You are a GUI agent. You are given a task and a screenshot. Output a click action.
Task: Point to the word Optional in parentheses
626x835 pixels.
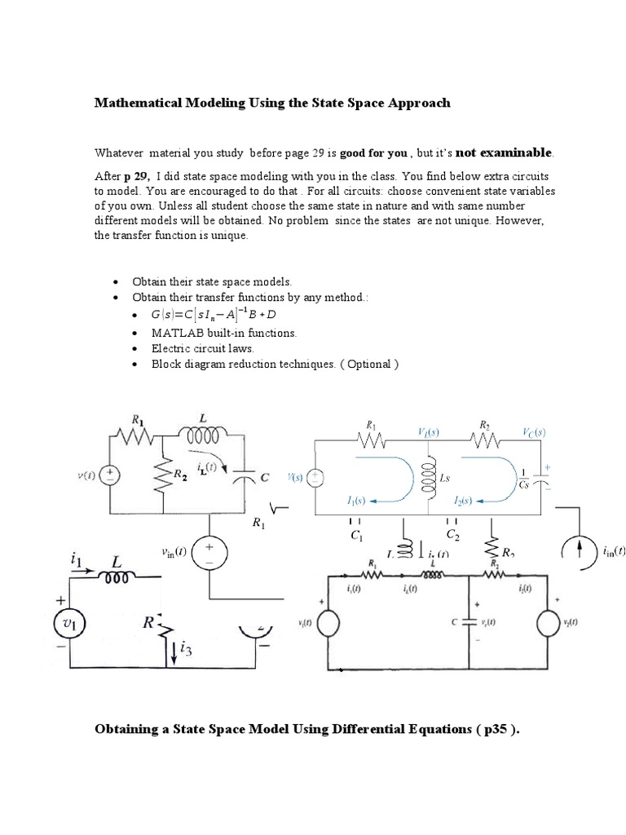[x=369, y=364]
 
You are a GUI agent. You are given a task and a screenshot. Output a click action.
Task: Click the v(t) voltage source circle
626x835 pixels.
[x=110, y=475]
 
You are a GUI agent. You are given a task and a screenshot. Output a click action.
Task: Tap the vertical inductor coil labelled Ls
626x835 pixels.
[x=424, y=475]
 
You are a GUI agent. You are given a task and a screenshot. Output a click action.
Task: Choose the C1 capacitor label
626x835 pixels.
[x=355, y=535]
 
